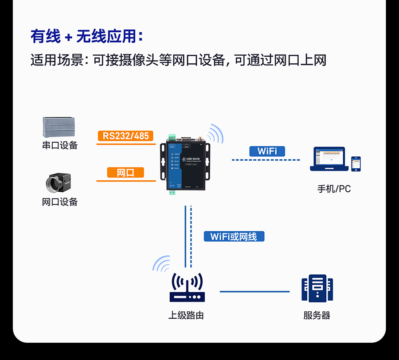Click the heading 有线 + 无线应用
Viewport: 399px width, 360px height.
(x=87, y=36)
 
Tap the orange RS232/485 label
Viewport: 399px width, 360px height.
(x=126, y=135)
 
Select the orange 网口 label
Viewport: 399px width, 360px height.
(x=125, y=172)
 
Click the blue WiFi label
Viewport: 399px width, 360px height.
(x=267, y=151)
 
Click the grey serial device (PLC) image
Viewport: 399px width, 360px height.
(x=59, y=127)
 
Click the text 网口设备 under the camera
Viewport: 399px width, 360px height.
(x=60, y=202)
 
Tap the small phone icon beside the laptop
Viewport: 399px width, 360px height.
(x=356, y=164)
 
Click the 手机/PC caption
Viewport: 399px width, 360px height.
(x=334, y=189)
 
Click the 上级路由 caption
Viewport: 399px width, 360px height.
(x=186, y=316)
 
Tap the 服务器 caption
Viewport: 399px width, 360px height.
(x=317, y=316)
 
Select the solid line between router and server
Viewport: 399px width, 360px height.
(x=254, y=291)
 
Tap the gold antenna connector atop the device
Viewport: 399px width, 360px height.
(x=200, y=135)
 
